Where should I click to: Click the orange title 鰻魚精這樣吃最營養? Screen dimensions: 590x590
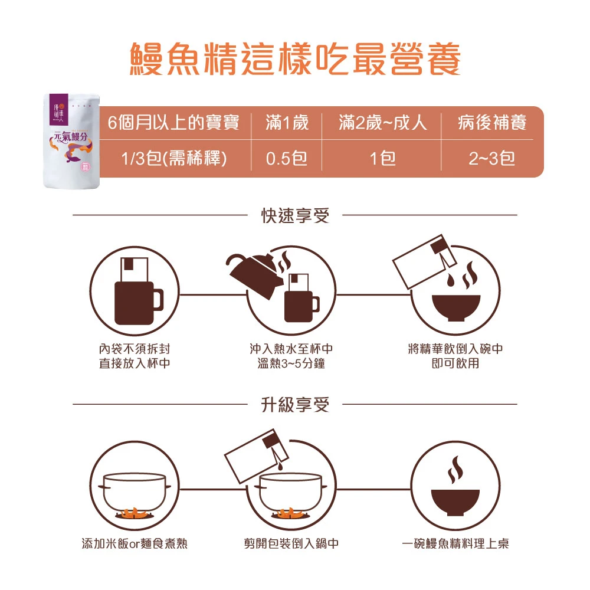point(296,58)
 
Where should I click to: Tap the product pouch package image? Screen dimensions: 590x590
point(71,141)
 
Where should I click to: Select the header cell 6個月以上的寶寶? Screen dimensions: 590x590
point(173,123)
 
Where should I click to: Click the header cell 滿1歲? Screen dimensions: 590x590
point(287,123)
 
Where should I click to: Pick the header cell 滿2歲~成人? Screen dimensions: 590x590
point(382,123)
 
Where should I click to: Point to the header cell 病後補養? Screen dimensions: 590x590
point(492,123)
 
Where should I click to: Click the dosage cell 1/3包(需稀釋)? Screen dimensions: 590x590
point(174,158)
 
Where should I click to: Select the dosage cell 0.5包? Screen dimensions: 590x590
point(287,158)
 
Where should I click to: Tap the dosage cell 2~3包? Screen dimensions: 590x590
point(492,158)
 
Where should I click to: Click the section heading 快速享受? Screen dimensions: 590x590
point(296,215)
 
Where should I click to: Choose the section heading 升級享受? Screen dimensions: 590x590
point(296,405)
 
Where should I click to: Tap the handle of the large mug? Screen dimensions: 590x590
point(158,300)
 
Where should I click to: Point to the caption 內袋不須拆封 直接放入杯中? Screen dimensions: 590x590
point(135,356)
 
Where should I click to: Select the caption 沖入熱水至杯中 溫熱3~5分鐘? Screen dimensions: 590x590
point(291,356)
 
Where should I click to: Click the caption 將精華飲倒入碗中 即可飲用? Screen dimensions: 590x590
point(455,356)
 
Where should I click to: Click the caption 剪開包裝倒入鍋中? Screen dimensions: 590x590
point(291,543)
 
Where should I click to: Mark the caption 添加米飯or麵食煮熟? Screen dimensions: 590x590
point(135,543)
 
